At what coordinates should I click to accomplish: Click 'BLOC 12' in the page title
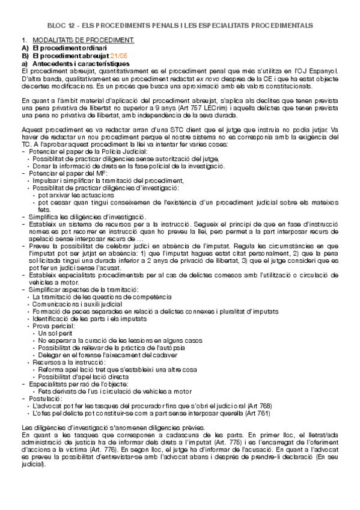(63, 26)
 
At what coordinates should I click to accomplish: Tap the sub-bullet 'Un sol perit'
(55, 333)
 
